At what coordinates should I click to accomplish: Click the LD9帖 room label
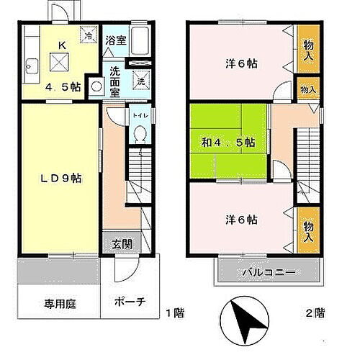click(x=55, y=176)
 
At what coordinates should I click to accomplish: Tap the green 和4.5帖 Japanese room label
click(x=228, y=142)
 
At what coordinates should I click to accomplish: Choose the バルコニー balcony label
click(x=268, y=273)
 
